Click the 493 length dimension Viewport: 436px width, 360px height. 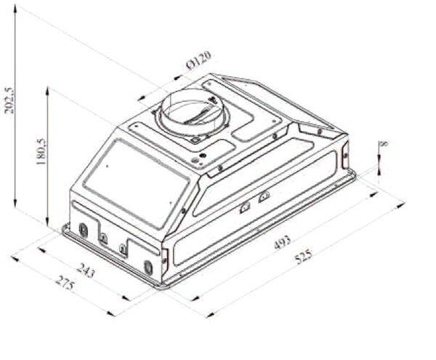(x=283, y=242)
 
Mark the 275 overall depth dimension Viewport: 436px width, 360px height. (x=65, y=282)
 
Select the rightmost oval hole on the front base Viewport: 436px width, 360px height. (x=150, y=267)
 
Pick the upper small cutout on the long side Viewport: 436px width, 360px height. (x=264, y=196)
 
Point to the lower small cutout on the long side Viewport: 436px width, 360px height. (x=246, y=208)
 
